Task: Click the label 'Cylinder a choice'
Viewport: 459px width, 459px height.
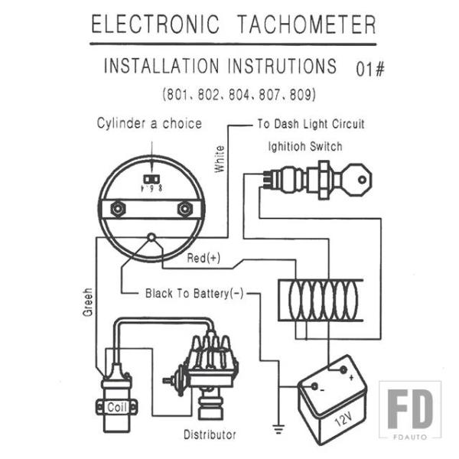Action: pyautogui.click(x=149, y=123)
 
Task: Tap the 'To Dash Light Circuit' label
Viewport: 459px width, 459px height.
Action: pyautogui.click(x=311, y=123)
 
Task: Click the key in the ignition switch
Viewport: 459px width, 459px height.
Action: pyautogui.click(x=354, y=181)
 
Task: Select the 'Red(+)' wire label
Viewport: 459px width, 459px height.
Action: pyautogui.click(x=203, y=259)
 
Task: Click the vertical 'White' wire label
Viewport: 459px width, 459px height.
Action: pyautogui.click(x=220, y=158)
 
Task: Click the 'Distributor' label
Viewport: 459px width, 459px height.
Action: pyautogui.click(x=210, y=435)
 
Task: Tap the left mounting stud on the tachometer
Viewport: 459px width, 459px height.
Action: pyautogui.click(x=118, y=209)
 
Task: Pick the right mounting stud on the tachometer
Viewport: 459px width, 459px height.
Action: pyautogui.click(x=184, y=209)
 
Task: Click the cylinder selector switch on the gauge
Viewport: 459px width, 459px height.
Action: pyautogui.click(x=151, y=181)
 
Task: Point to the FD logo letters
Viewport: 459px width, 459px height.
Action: pyautogui.click(x=409, y=410)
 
